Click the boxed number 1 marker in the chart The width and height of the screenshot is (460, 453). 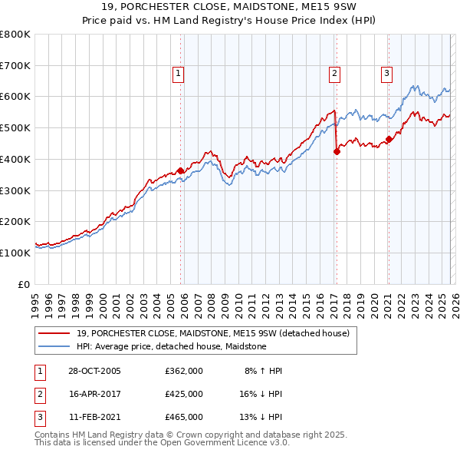pyautogui.click(x=178, y=74)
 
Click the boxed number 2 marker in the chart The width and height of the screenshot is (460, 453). pyautogui.click(x=335, y=74)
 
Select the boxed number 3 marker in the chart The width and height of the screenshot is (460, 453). pyautogui.click(x=387, y=74)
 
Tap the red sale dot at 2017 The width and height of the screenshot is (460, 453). pyautogui.click(x=337, y=152)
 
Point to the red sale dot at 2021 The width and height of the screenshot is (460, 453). pyautogui.click(x=389, y=139)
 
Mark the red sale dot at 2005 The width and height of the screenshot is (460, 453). pyautogui.click(x=181, y=170)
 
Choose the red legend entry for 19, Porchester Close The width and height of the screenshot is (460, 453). pyautogui.click(x=213, y=333)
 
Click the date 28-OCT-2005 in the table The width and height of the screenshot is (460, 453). pyautogui.click(x=94, y=371)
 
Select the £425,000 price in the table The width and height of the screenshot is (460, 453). pyautogui.click(x=183, y=394)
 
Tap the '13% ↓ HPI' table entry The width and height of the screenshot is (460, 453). pyautogui.click(x=260, y=417)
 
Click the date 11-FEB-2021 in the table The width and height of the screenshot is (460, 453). pyautogui.click(x=94, y=417)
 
